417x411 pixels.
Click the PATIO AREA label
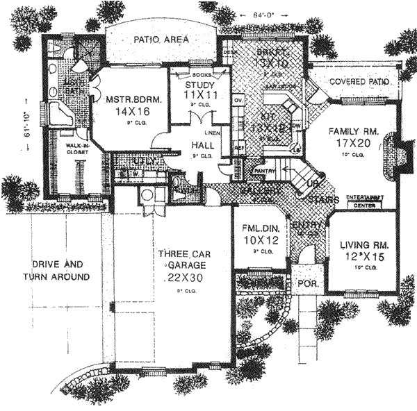(161, 41)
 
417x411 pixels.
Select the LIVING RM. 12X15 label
(363, 252)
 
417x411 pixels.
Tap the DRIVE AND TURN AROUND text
(61, 271)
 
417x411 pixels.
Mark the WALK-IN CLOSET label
(77, 149)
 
